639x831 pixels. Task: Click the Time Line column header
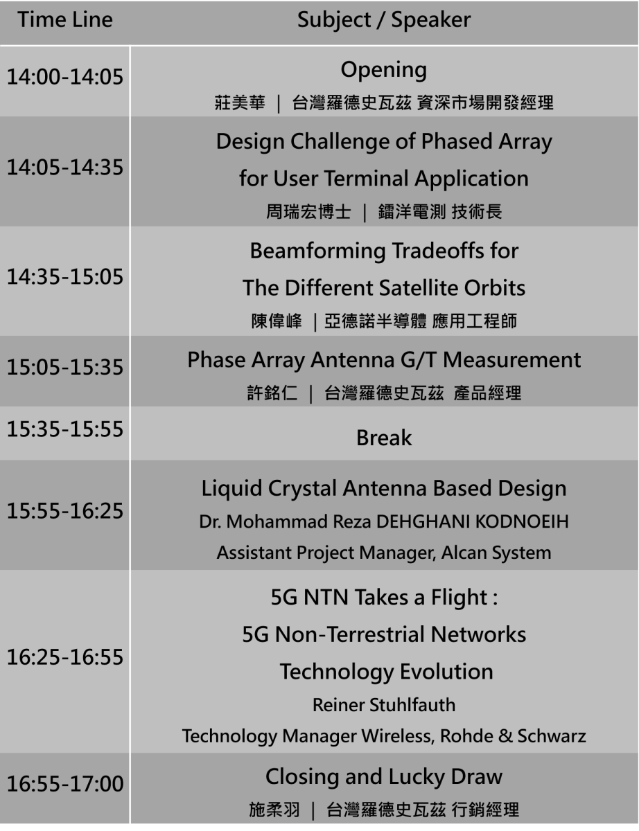coord(65,20)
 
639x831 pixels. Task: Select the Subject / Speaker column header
coord(384,21)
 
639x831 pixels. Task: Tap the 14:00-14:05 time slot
coord(65,76)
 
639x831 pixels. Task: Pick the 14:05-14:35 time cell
coord(65,167)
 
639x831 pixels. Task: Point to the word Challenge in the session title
coord(340,142)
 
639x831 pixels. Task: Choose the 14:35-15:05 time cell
coord(65,276)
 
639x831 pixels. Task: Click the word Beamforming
coord(317,251)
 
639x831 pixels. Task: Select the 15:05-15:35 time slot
coord(65,367)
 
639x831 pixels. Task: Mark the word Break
coord(384,438)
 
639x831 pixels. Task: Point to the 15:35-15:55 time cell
coord(65,429)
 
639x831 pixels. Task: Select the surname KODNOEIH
coord(522,521)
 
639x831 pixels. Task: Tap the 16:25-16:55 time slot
coord(65,657)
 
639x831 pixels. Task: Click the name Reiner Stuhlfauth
coord(384,705)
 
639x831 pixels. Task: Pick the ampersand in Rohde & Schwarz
coord(505,736)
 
